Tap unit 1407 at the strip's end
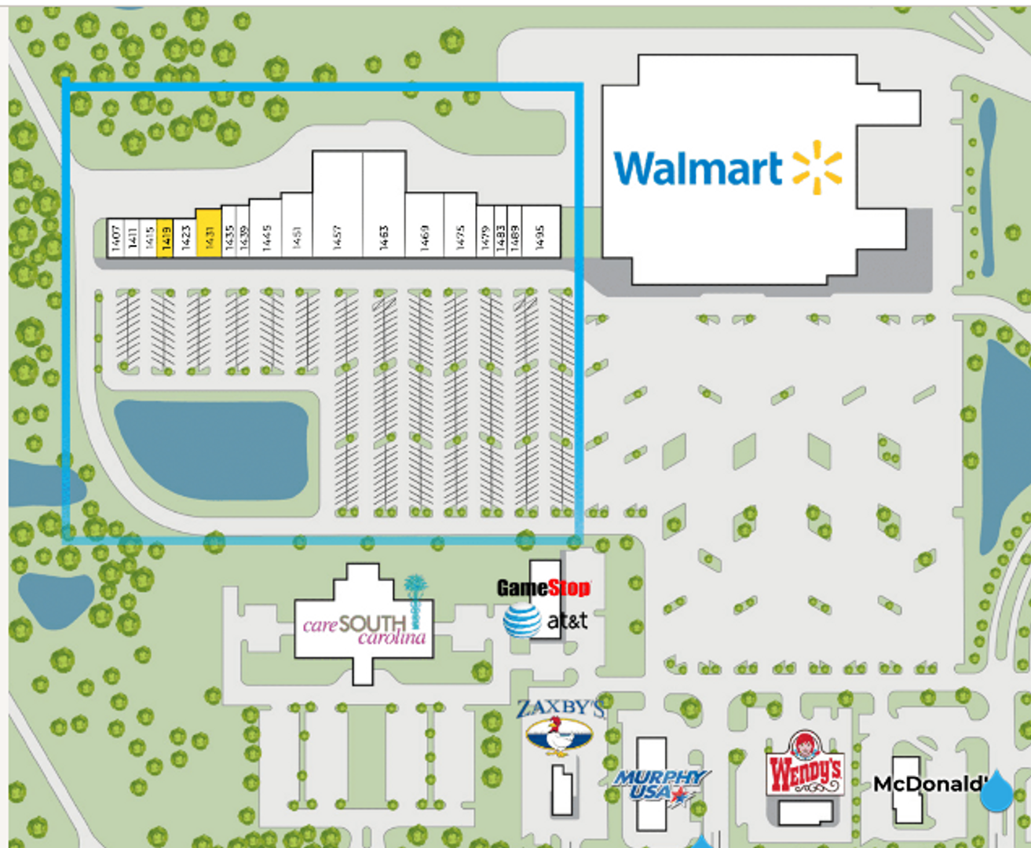[x=116, y=237]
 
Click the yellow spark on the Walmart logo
[x=817, y=167]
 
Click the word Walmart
[x=697, y=168]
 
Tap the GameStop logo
[x=543, y=587]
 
